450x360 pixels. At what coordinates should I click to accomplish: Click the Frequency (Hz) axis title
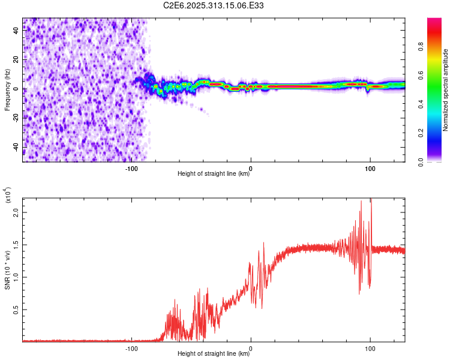click(8, 89)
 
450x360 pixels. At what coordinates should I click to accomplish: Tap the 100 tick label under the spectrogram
click(370, 168)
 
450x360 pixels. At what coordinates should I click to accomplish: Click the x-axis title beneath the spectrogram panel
click(214, 174)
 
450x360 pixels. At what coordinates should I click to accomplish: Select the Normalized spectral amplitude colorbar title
click(445, 90)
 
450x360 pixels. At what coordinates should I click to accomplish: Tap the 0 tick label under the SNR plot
click(251, 348)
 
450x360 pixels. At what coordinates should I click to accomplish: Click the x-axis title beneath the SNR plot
click(214, 354)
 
